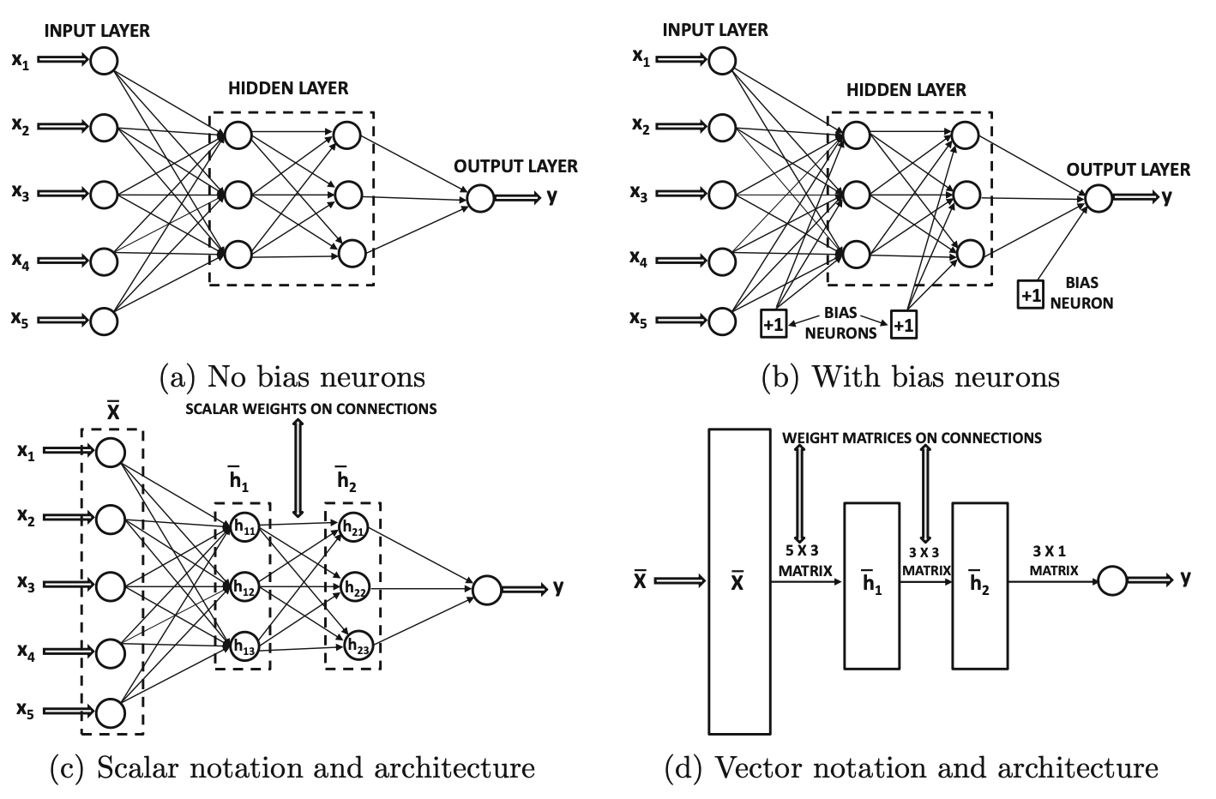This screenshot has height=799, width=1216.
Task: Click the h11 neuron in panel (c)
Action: coord(243,527)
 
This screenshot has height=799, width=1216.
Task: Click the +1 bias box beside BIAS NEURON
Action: coord(1030,294)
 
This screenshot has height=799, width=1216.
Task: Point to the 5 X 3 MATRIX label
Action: coord(804,560)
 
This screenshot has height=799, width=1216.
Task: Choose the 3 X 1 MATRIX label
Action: coord(1054,560)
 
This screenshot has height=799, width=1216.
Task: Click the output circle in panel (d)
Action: coord(1112,581)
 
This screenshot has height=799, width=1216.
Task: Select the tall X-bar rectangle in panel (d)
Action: coord(738,581)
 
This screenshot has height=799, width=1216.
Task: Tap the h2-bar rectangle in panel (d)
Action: coord(979,585)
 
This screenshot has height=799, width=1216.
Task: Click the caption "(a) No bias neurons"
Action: coord(292,377)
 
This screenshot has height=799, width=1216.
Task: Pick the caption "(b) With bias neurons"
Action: coord(910,377)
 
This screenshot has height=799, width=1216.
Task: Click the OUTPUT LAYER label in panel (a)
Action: coord(515,166)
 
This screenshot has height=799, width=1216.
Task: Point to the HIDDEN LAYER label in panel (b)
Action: coord(906,90)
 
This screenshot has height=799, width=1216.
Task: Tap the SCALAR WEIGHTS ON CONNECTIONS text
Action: coord(311,409)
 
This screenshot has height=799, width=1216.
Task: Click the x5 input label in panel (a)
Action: coord(21,320)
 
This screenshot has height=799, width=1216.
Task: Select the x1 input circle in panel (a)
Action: coord(104,61)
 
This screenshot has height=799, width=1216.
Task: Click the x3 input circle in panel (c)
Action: coord(111,586)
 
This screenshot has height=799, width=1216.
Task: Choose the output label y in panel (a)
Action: coord(552,196)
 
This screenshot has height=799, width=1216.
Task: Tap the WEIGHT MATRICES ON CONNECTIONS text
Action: coord(912,438)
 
